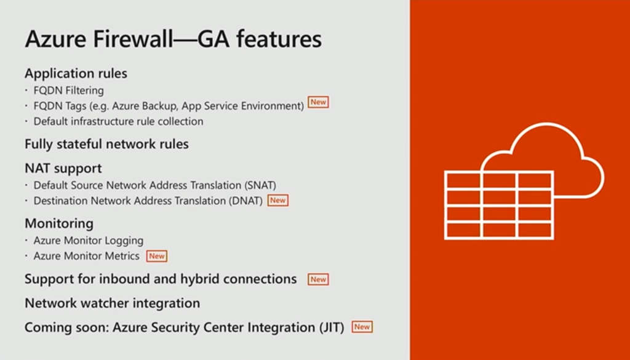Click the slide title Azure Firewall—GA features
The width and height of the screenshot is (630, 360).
[x=173, y=39]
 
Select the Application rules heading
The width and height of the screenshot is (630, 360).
[x=76, y=73]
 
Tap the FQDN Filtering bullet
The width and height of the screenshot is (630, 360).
[x=68, y=90]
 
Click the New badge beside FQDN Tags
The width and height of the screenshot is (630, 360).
[x=318, y=102]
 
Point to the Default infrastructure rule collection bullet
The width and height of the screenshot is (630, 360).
[x=118, y=121]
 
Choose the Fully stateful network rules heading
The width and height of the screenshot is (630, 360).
[x=106, y=144]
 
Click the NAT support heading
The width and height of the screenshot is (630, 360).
[x=63, y=168]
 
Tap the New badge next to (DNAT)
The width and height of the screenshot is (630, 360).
[x=278, y=200]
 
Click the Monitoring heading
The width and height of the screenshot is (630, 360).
[x=59, y=223]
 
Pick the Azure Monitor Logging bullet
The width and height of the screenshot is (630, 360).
[x=88, y=240]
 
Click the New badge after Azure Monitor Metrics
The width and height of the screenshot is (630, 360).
[x=157, y=255]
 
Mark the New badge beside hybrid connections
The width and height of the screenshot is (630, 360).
[x=318, y=279]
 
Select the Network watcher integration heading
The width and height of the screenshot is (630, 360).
[x=112, y=303]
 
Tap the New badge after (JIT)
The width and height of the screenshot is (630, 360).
[x=362, y=327]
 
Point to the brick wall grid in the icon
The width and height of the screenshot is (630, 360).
[x=499, y=206]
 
